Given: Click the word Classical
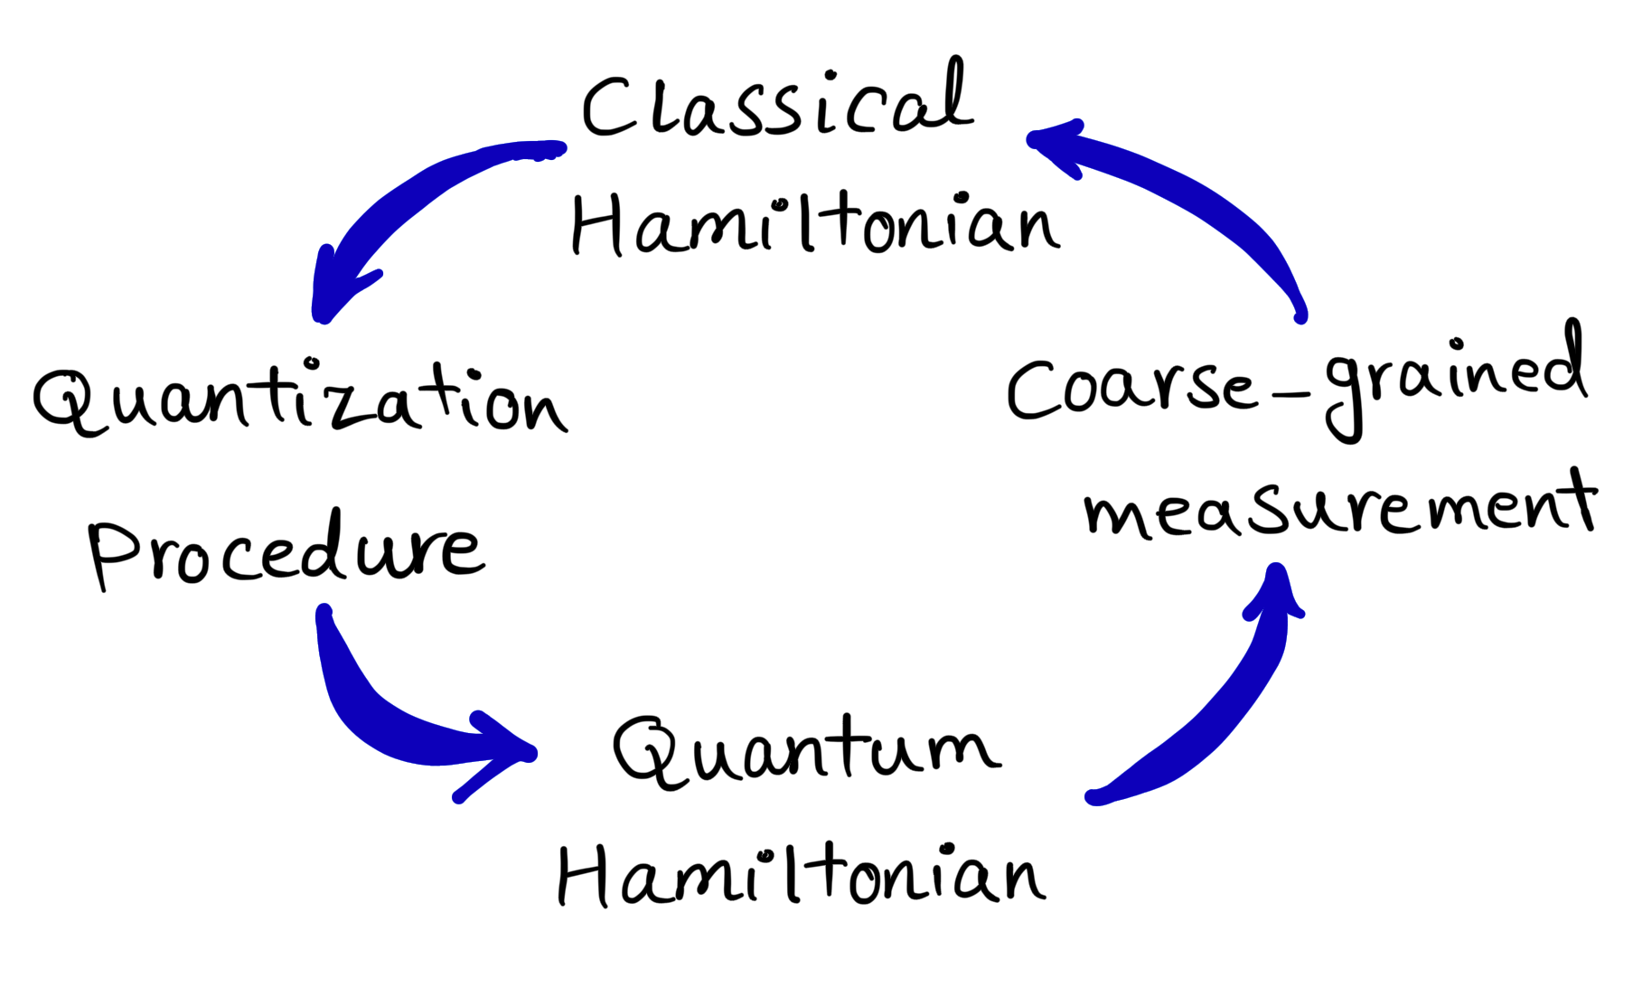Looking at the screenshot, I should tap(777, 104).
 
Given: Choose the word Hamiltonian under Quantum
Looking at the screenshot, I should tap(800, 875).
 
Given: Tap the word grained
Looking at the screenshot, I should tap(1455, 380).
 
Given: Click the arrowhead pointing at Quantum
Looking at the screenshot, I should tap(502, 755).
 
